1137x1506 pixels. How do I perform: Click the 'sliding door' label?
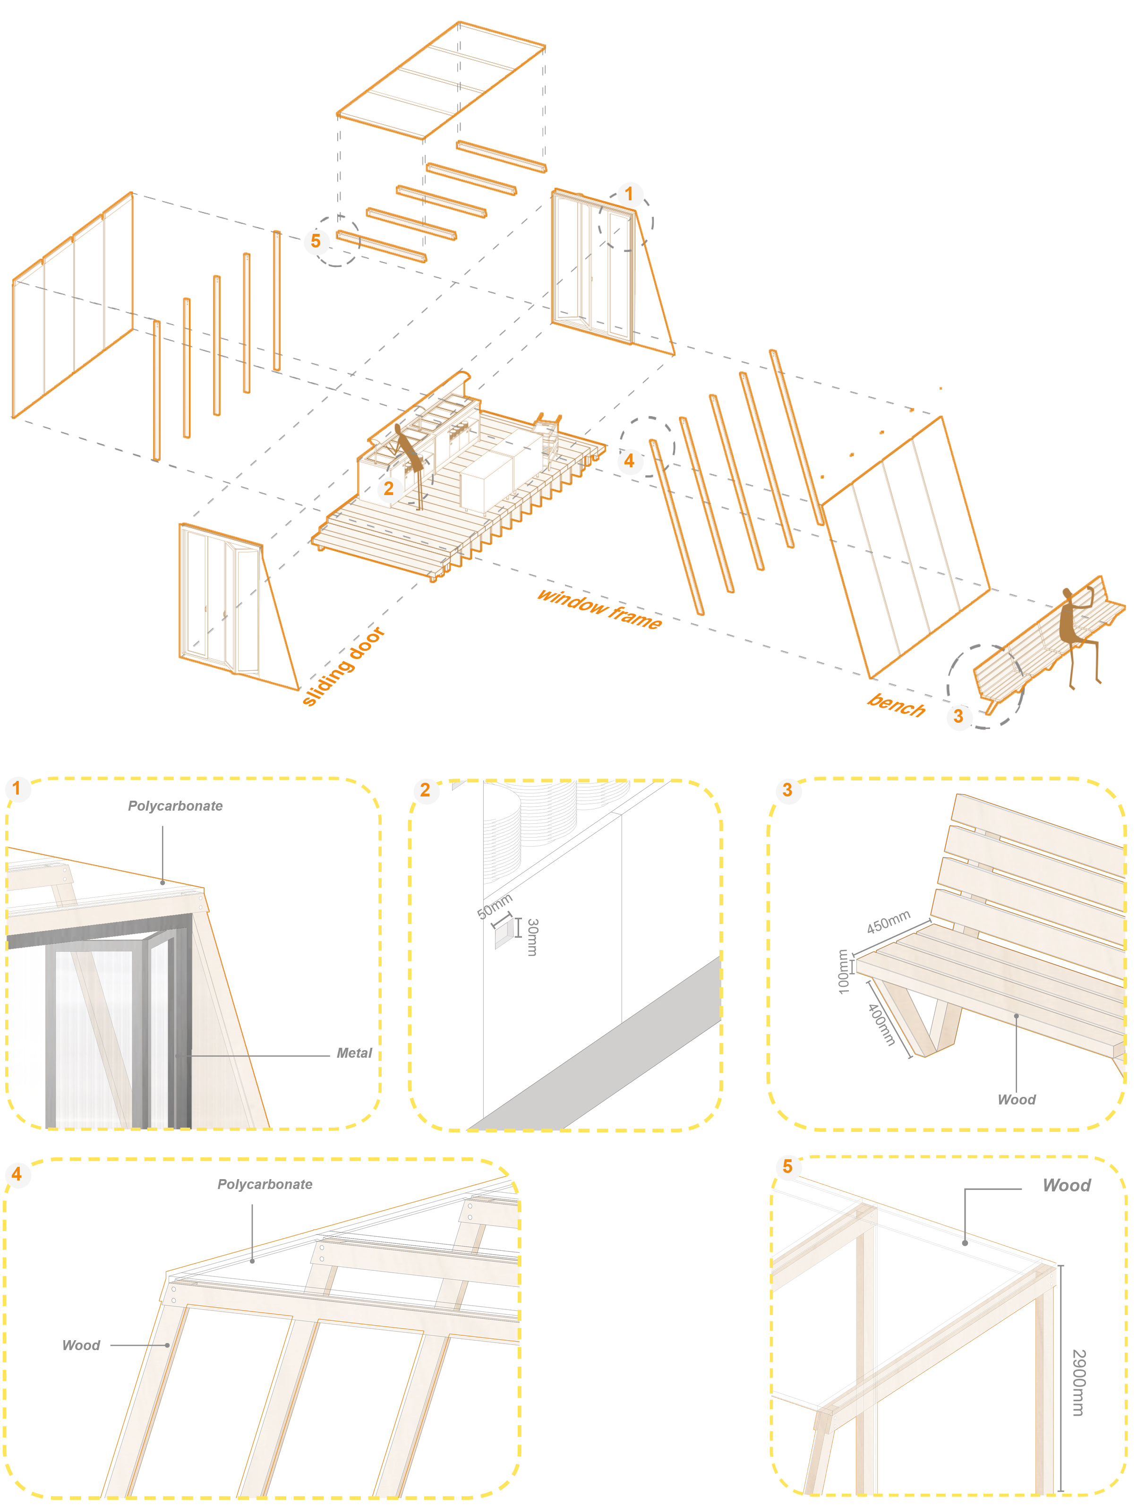pos(343,666)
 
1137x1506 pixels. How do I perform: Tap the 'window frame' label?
pos(599,608)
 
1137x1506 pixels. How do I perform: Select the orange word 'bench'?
pos(896,705)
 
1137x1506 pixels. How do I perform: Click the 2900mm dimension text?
pos(1078,1382)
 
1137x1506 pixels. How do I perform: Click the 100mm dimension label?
pos(843,972)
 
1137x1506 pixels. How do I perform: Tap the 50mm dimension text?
pos(494,906)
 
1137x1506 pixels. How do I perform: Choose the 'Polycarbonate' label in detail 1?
pos(175,806)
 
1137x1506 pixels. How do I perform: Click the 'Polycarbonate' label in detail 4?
pos(265,1184)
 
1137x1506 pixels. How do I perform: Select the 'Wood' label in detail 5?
pos(1066,1185)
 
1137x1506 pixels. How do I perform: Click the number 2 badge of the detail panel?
pos(425,790)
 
